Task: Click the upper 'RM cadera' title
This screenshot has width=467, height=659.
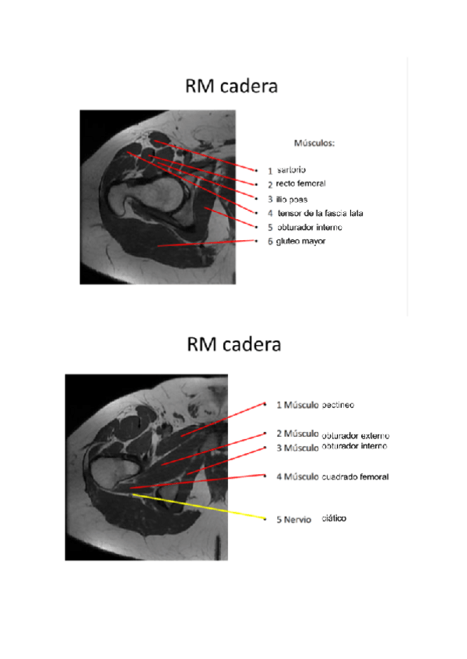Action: pyautogui.click(x=231, y=85)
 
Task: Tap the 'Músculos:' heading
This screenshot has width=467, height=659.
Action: pyautogui.click(x=314, y=144)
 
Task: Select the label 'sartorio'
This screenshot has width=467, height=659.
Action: pyautogui.click(x=292, y=169)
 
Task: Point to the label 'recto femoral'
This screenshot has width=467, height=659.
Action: pyautogui.click(x=300, y=183)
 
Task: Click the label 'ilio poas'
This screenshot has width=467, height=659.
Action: pyautogui.click(x=292, y=198)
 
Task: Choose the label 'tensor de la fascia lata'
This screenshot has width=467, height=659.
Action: pyautogui.click(x=321, y=213)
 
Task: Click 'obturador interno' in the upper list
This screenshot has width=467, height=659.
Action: pyautogui.click(x=310, y=227)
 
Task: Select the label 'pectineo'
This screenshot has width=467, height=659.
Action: pyautogui.click(x=338, y=405)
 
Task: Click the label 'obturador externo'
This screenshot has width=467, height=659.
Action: pyautogui.click(x=355, y=435)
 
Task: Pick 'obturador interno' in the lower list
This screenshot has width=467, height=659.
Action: pyautogui.click(x=354, y=447)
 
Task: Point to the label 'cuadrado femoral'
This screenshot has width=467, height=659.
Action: pyautogui.click(x=355, y=476)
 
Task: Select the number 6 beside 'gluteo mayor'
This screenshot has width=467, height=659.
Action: pyautogui.click(x=270, y=242)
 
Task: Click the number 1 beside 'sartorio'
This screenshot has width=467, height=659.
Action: pyautogui.click(x=270, y=169)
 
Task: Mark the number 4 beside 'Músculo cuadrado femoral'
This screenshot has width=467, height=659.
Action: pyautogui.click(x=279, y=476)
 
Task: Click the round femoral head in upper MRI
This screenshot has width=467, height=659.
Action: pyautogui.click(x=159, y=194)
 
